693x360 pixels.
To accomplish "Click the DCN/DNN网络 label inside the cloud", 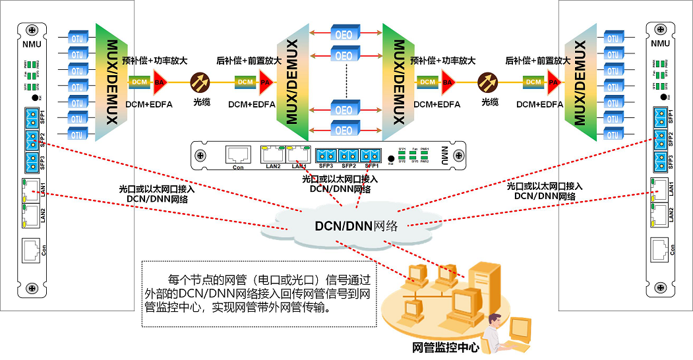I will point(356,226).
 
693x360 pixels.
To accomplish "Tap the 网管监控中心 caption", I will point(446,347).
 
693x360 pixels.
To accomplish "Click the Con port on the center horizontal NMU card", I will point(238,155).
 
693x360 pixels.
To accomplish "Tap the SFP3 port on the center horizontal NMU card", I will point(326,156).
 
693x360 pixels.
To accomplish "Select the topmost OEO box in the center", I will point(344,33).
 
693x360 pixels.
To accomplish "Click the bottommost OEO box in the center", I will point(344,129).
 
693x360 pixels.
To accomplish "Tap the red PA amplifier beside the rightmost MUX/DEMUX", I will point(553,82).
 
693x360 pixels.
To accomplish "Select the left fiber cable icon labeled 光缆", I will point(199,82).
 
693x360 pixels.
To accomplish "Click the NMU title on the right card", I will point(660,44).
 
